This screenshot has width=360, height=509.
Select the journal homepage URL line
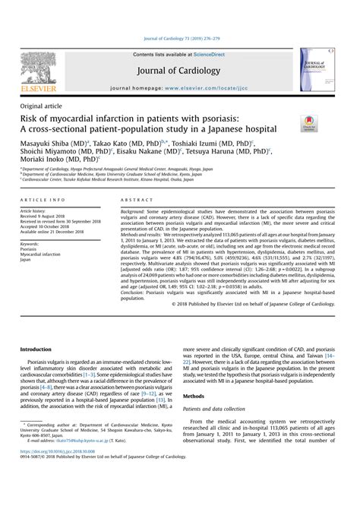pyautogui.click(x=180, y=89)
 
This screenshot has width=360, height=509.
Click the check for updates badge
pyautogui.click(x=310, y=124)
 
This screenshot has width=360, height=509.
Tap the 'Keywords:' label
pyautogui.click(x=33, y=243)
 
